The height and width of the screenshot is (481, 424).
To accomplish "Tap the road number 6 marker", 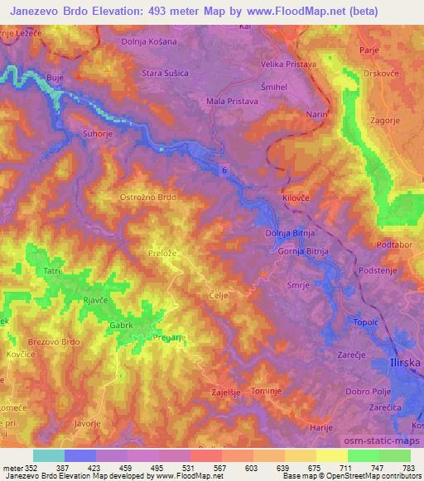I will click(224, 169).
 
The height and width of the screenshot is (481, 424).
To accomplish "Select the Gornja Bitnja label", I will click(305, 250).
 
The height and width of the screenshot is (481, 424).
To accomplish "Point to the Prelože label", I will click(162, 254).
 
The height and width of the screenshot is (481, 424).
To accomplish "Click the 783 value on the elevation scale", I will click(408, 467).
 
